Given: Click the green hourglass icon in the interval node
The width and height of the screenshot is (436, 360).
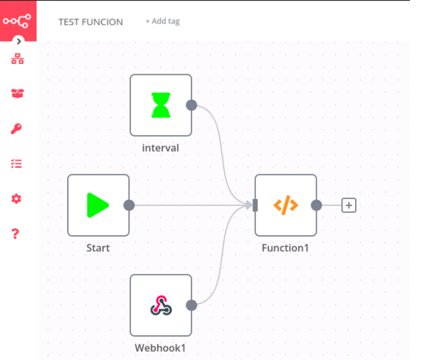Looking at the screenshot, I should (161, 105).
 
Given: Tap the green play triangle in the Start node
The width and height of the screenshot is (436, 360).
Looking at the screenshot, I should (97, 205).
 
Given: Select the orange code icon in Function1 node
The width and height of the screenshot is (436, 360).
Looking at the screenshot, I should (285, 205).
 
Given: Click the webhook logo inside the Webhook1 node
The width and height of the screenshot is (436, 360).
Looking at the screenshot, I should (161, 305).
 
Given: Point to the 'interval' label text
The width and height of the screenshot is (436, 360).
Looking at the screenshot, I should (161, 148).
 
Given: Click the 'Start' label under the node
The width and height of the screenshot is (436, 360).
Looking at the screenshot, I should (98, 248).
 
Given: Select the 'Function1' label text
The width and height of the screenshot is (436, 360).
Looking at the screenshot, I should (286, 248).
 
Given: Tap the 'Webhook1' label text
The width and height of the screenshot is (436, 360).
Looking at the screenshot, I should (161, 348).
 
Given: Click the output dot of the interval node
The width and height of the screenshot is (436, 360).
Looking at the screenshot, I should (192, 105).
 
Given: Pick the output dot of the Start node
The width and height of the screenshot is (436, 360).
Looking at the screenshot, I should (129, 205).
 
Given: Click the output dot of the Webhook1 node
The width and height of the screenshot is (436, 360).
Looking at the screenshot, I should (192, 305).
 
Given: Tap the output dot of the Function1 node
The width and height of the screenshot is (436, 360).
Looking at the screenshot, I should (316, 205).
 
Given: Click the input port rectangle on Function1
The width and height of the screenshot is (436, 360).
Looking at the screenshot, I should (255, 205).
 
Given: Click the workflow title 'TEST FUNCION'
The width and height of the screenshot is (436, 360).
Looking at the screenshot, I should (90, 22).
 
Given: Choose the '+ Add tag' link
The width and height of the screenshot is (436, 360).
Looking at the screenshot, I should (162, 21).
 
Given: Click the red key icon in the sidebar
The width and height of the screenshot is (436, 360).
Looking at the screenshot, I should (17, 128).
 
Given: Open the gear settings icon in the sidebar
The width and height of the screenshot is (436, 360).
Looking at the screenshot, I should (17, 199).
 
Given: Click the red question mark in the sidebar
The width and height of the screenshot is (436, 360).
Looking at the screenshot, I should (16, 233).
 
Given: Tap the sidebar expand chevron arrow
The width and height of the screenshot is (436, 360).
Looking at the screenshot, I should (18, 41).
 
